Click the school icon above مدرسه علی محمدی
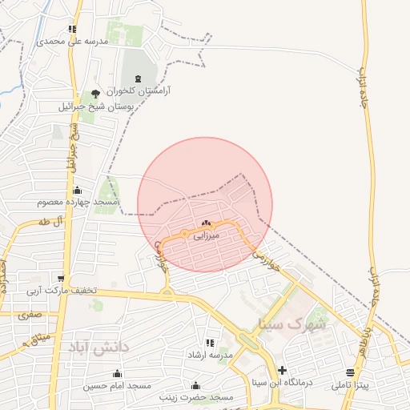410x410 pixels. coord(72,29)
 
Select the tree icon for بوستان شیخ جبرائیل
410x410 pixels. coord(96,94)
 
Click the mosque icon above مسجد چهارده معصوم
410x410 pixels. coord(77,191)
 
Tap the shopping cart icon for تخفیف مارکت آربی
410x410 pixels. coord(60,278)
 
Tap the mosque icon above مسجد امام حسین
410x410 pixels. coord(118,373)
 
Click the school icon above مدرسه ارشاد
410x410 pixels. coord(210,343)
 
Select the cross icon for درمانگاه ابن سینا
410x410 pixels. coord(281,370)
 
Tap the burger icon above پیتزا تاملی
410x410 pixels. coord(350,373)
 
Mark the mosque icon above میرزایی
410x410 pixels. coord(207,224)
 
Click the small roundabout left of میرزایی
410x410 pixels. coord(185,234)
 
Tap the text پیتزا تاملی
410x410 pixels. coord(352,385)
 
